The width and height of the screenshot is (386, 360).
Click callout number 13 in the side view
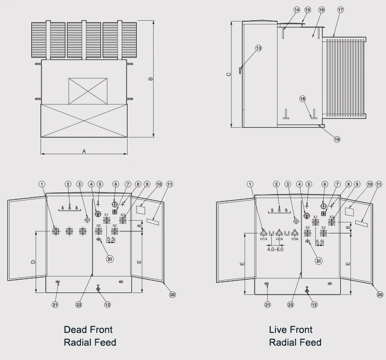coord(259,48)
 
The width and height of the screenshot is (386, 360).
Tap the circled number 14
coord(297,10)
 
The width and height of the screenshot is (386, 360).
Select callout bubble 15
coord(308,10)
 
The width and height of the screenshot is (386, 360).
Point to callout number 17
coord(340,10)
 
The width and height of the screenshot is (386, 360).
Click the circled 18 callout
coord(303,98)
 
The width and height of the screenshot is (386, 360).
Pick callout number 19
coord(337,139)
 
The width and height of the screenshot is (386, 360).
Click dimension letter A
coord(84,151)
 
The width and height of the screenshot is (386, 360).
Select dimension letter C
coord(229,74)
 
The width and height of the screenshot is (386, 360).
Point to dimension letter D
coord(32,262)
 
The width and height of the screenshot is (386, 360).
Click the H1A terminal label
coord(264,239)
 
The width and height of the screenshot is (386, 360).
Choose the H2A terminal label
coord(279,239)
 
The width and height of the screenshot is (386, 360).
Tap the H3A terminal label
coord(295,239)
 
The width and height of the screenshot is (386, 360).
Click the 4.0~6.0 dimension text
coord(275,249)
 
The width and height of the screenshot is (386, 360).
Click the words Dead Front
coord(88,330)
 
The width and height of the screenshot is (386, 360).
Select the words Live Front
coord(290,330)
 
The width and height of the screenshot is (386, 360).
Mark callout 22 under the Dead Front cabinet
coord(79,305)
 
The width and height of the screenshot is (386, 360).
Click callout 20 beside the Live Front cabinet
coord(380,294)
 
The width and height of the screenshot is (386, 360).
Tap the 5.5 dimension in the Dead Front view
coord(111,240)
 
